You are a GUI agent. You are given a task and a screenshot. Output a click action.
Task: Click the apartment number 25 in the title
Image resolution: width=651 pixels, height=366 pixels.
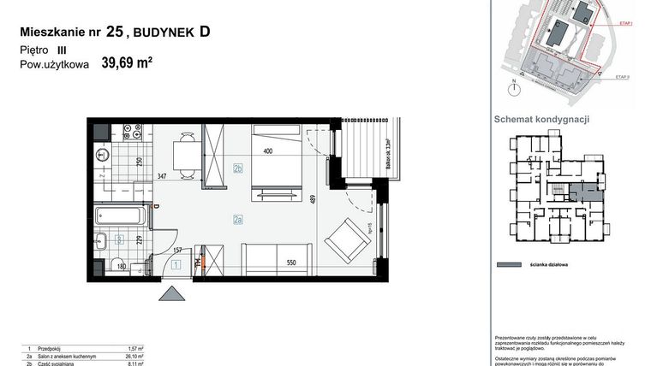point(115,32)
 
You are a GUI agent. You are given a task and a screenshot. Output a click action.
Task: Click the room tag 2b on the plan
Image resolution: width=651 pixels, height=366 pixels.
point(236,168)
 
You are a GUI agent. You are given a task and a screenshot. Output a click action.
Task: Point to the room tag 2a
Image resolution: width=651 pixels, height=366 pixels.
point(237,220)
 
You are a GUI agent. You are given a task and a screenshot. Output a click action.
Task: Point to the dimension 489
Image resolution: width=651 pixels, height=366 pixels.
point(314,202)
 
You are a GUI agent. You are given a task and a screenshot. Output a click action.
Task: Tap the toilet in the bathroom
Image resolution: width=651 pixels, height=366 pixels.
point(102,156)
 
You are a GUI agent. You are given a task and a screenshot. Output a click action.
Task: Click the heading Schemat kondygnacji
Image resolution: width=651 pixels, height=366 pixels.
point(542,121)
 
